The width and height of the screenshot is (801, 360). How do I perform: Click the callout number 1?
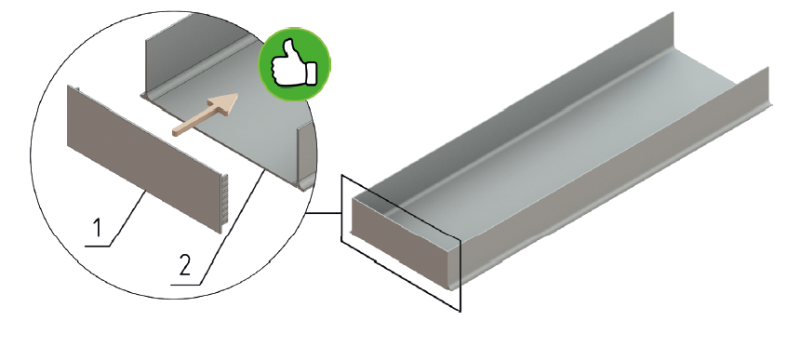pos(98,227)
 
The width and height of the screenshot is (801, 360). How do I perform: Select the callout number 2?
pos(185,265)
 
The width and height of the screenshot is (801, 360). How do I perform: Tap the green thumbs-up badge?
pos(294,64)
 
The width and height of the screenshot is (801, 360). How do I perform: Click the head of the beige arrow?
pos(225,104)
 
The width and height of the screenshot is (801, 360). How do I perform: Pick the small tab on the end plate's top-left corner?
pos(75,89)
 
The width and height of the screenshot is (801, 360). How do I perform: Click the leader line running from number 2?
pos(233,228)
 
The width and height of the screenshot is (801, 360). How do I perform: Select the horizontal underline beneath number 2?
pos(185,285)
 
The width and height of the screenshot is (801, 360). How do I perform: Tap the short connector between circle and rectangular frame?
pos(324,213)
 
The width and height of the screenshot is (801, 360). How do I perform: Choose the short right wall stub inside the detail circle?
pos(304,155)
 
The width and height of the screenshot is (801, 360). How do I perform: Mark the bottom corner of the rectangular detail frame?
pos(461,311)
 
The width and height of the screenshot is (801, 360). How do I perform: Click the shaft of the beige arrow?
pos(194,123)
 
